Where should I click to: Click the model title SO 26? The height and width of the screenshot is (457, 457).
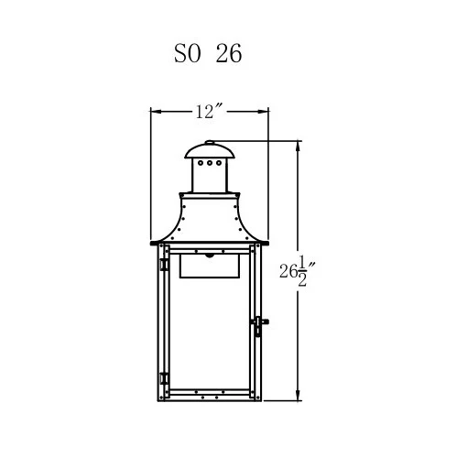(208, 53)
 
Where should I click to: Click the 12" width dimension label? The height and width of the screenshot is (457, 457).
(209, 112)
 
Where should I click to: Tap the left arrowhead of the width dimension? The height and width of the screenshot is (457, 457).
(156, 112)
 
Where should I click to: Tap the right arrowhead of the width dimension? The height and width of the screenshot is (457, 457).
(263, 112)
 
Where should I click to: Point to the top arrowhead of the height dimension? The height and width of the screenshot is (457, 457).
(299, 146)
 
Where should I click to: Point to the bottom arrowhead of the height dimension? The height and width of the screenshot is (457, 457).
(299, 395)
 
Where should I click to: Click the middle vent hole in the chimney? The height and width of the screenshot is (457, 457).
(210, 163)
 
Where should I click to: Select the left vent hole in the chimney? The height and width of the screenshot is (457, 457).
(201, 163)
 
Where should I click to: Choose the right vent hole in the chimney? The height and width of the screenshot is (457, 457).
(219, 163)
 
